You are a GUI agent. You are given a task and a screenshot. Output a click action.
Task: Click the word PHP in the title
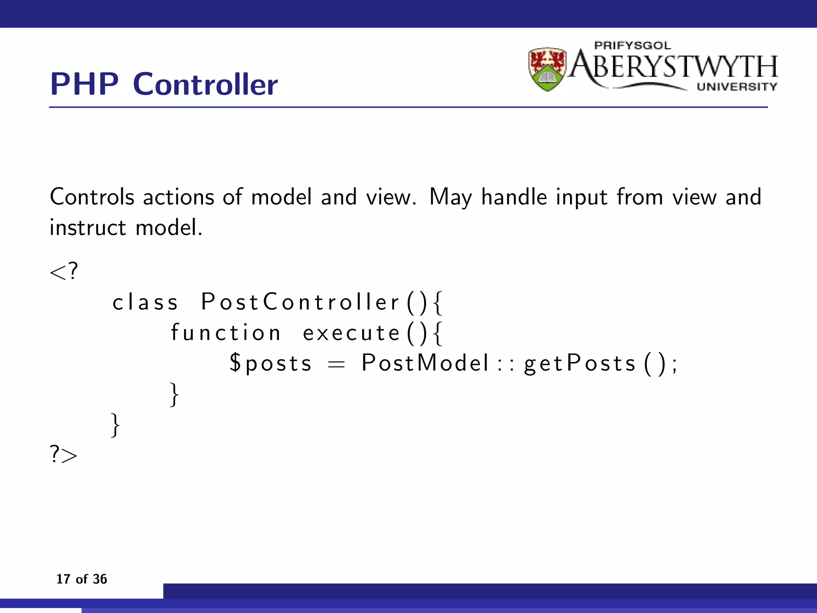pyautogui.click(x=84, y=84)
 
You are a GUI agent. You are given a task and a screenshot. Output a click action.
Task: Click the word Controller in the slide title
pyautogui.click(x=205, y=84)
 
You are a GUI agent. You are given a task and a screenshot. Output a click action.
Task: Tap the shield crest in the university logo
pyautogui.click(x=547, y=69)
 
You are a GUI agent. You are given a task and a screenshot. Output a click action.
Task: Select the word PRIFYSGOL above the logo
pyautogui.click(x=632, y=45)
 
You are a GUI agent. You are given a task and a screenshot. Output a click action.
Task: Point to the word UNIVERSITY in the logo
pyautogui.click(x=737, y=87)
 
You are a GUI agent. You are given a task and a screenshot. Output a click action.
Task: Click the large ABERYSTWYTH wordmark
pyautogui.click(x=673, y=67)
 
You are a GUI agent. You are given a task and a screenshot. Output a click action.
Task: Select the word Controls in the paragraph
pyautogui.click(x=92, y=197)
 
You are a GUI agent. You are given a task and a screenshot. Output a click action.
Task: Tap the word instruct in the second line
pyautogui.click(x=88, y=228)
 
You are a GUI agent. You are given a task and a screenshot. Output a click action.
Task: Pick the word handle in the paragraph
pyautogui.click(x=514, y=197)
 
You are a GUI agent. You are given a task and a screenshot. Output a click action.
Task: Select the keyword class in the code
pyautogui.click(x=145, y=302)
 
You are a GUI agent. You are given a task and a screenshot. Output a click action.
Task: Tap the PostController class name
pyautogui.click(x=300, y=302)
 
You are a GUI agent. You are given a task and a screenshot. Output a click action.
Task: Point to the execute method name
pyautogui.click(x=351, y=333)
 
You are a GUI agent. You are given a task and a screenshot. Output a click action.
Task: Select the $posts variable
pyautogui.click(x=270, y=364)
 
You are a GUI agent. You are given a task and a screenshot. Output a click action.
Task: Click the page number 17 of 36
pyautogui.click(x=81, y=579)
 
